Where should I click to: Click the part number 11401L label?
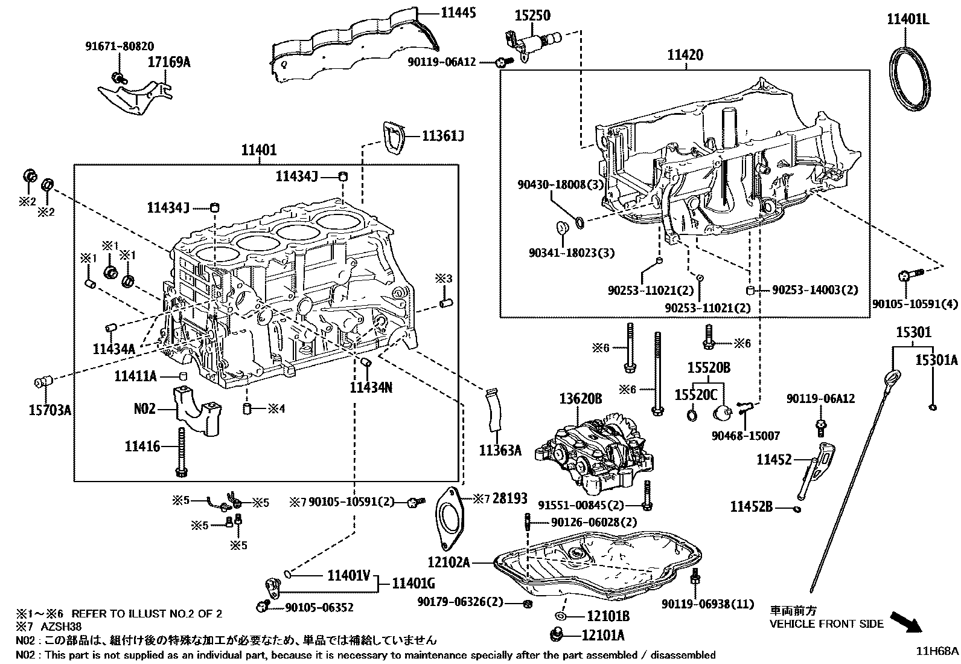tap(907, 19)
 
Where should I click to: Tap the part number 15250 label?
tap(532, 15)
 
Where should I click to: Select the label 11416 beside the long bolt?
tap(142, 446)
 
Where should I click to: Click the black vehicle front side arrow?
tap(907, 622)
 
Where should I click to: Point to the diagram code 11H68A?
tap(937, 651)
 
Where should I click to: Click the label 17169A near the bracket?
tap(169, 61)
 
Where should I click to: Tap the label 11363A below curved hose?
tap(500, 450)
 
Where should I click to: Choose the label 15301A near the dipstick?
tap(936, 360)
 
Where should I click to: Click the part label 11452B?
tap(752, 506)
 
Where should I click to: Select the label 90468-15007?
tap(745, 436)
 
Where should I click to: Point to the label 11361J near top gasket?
tap(442, 135)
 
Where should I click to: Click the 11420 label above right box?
tap(685, 55)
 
